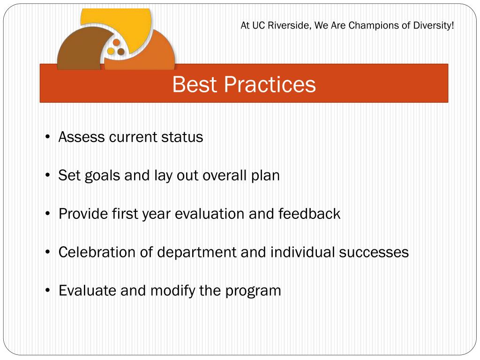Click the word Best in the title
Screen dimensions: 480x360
coord(195,84)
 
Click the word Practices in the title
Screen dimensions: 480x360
coord(270,84)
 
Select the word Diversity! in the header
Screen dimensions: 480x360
coord(434,25)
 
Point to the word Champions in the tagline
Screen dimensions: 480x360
coord(375,25)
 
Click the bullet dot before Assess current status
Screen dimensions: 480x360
coord(47,137)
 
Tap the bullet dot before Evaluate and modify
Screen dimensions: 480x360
coord(47,290)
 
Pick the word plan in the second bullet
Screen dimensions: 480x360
coord(265,176)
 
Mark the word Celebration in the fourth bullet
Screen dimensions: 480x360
coord(97,252)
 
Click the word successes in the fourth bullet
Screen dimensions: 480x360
coord(374,253)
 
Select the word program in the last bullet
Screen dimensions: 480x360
coord(253,291)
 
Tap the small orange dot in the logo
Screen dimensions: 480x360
coord(116,43)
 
